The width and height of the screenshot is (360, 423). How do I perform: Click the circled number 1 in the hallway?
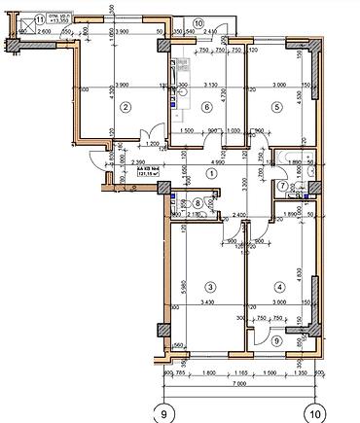[210, 174]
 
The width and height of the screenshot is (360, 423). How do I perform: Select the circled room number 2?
[124, 107]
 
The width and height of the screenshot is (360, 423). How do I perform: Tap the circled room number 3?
[209, 286]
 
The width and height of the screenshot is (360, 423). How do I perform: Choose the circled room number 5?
[277, 107]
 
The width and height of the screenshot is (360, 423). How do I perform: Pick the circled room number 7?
[280, 186]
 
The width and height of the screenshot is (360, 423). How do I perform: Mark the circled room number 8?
[198, 202]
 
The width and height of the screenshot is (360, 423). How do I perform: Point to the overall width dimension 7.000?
[238, 387]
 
